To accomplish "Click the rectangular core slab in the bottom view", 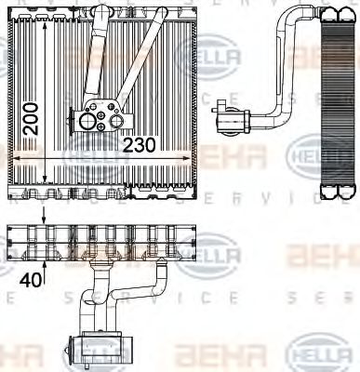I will tap(116, 244).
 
